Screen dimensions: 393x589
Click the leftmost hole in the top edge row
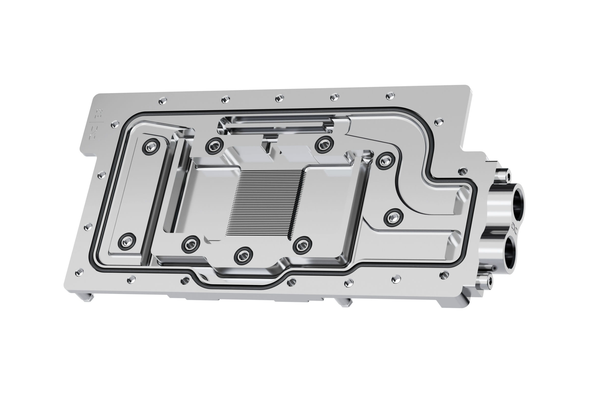click(163, 101)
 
